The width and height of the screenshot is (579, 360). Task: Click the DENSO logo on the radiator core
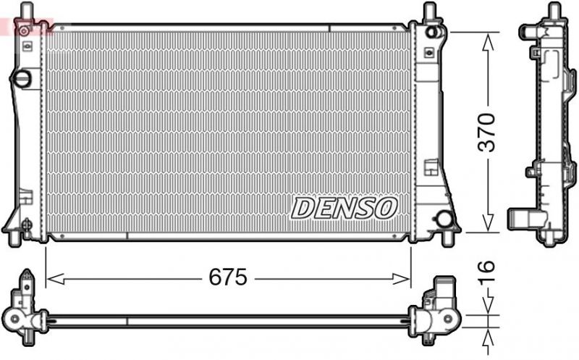pos(344,209)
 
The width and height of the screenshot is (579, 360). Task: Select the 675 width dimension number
pos(228,277)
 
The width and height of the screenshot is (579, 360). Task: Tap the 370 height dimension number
pos(489,132)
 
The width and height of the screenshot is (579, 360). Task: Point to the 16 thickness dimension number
pos(489,268)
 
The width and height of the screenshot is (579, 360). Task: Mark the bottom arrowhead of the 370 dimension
pos(489,226)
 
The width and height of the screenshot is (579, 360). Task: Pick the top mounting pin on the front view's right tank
pos(430,11)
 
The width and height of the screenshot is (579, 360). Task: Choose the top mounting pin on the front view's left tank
pos(25,11)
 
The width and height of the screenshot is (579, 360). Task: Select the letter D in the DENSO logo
pos(303,209)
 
